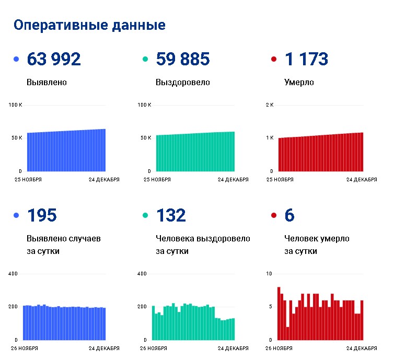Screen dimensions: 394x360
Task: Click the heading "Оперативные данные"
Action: point(89,26)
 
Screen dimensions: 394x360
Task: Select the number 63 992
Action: point(54,59)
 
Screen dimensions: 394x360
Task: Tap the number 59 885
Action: point(183,59)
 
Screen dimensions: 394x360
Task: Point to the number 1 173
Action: point(306,59)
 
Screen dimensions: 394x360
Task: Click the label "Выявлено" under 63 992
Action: point(47,83)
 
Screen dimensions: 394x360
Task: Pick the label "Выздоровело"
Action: point(183,83)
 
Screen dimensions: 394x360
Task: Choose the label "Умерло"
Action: point(299,83)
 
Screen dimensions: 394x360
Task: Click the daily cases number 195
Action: point(42,215)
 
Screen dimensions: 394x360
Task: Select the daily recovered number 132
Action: point(171,215)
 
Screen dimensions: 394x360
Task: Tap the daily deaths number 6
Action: point(289,215)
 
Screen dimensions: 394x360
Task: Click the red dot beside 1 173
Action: point(274,59)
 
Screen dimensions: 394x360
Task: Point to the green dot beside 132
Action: point(145,215)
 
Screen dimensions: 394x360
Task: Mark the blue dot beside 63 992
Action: point(16,59)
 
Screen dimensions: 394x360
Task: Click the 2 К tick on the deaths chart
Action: point(270,104)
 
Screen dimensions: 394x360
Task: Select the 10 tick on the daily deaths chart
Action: point(269,274)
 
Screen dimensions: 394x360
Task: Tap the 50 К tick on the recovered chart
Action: point(146,137)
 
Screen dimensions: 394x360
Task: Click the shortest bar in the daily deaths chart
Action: point(288,333)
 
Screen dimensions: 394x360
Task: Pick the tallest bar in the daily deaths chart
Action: point(279,313)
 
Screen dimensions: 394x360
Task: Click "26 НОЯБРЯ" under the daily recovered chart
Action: point(154,349)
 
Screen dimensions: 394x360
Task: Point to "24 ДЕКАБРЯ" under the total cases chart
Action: point(104,180)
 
